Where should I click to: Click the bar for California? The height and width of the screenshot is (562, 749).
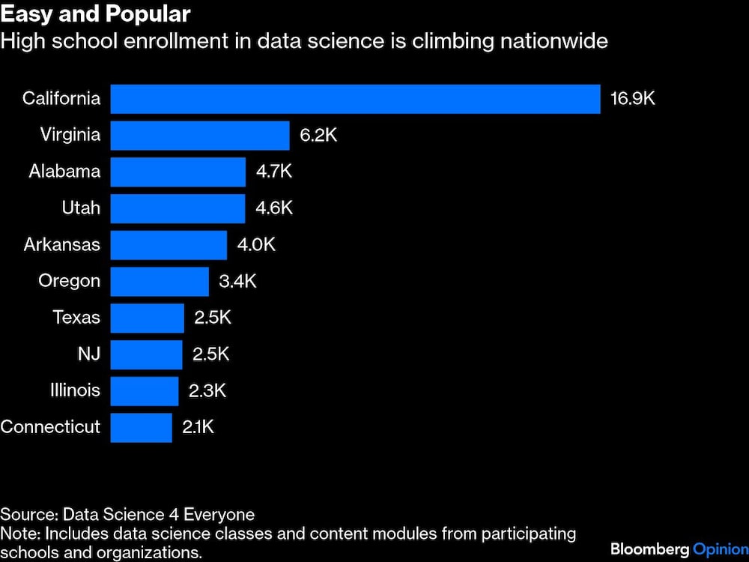click(x=355, y=99)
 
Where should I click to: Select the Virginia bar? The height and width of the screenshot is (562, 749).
click(x=200, y=136)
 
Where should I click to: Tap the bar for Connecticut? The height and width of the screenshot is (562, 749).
click(x=141, y=427)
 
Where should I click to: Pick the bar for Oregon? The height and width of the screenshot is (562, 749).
click(x=160, y=281)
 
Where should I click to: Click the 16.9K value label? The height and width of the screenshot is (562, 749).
click(x=633, y=99)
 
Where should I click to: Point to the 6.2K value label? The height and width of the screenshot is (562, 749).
click(x=318, y=136)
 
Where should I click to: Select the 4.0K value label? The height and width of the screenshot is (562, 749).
click(x=256, y=245)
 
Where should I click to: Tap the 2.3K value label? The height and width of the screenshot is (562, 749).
click(x=207, y=390)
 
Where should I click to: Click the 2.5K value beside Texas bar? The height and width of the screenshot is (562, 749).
click(x=213, y=318)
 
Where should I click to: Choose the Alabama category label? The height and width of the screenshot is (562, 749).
click(x=64, y=172)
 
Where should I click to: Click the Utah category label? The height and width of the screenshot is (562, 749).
click(x=81, y=208)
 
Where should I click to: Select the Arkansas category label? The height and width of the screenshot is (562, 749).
click(x=62, y=244)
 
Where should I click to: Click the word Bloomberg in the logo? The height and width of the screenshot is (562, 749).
click(x=648, y=549)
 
